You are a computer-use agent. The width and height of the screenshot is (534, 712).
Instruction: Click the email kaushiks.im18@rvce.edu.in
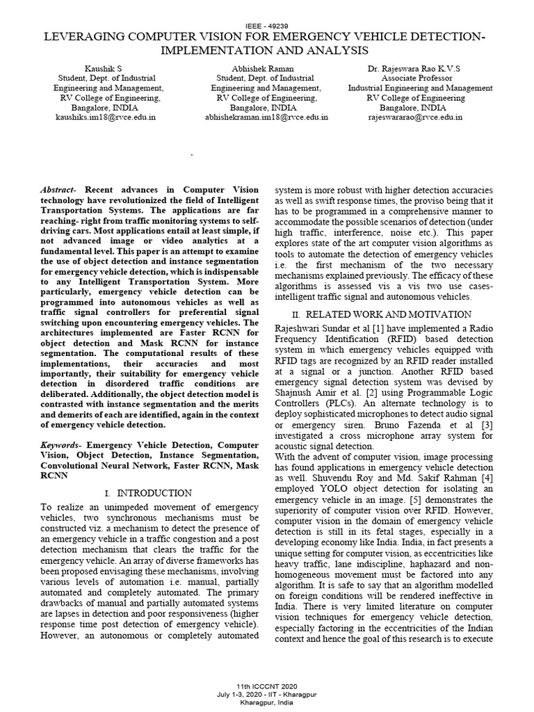click(x=105, y=118)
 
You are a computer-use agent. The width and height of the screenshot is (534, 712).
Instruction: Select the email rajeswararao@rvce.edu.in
click(x=415, y=118)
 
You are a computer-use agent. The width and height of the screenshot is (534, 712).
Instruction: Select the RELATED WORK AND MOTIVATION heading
click(x=385, y=315)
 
